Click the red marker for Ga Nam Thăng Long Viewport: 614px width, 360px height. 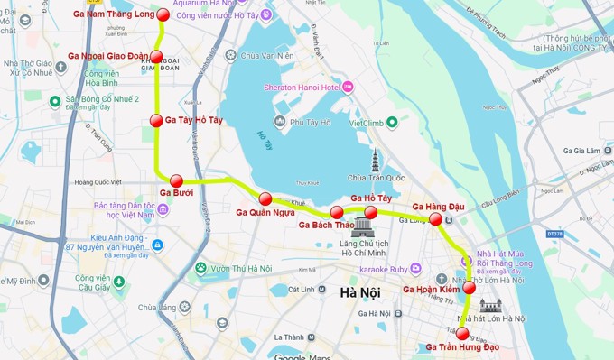(x=163, y=14)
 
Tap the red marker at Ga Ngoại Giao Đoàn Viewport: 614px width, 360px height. (x=156, y=57)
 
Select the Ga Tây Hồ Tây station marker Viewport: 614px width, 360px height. (x=156, y=121)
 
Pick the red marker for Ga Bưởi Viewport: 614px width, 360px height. (x=176, y=180)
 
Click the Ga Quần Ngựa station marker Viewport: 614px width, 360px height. (x=265, y=198)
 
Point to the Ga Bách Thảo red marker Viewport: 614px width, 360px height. (x=337, y=213)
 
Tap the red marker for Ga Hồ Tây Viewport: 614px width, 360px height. (x=370, y=212)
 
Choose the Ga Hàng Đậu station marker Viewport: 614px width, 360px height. (x=435, y=218)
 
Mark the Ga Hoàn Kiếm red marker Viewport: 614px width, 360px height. (x=470, y=289)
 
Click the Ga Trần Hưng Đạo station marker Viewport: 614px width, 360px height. (x=462, y=333)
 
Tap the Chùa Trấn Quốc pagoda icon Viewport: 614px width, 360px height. (x=374, y=162)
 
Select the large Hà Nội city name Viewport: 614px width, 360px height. (x=360, y=292)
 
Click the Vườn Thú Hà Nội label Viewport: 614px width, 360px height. (x=241, y=268)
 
